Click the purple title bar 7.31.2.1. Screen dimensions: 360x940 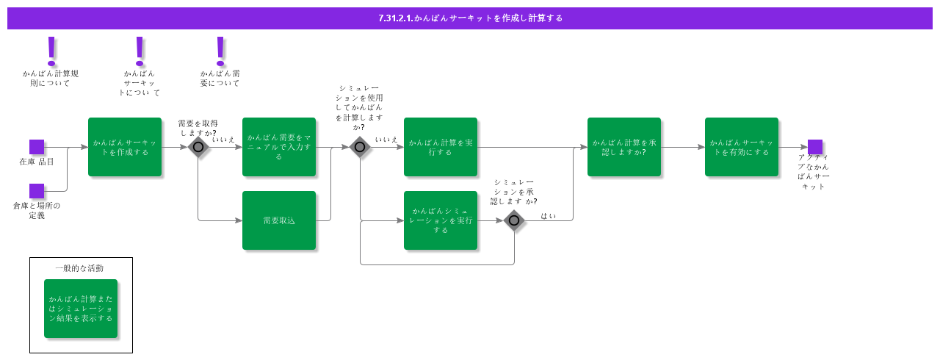(x=470, y=18)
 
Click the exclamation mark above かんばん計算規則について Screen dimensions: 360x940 (x=51, y=51)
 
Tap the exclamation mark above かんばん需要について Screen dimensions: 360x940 (x=220, y=51)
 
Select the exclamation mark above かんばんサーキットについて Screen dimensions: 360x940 (x=140, y=51)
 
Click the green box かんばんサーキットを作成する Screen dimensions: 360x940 (x=125, y=147)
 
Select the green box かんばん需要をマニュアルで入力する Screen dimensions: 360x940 (x=279, y=147)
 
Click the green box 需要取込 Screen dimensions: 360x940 (x=279, y=220)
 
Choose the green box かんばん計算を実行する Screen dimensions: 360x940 (x=441, y=147)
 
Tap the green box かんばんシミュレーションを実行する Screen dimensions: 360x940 (x=441, y=220)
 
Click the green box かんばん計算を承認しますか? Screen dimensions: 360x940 (x=624, y=147)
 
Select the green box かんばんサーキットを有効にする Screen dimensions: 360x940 (x=742, y=147)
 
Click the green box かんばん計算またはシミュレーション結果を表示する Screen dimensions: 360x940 (x=81, y=309)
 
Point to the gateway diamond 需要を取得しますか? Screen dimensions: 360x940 (x=198, y=147)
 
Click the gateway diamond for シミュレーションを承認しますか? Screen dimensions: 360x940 (x=514, y=220)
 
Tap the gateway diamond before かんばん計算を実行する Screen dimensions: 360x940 (x=359, y=147)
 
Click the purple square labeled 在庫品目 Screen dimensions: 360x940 (x=37, y=147)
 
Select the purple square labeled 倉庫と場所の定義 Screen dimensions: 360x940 (x=37, y=191)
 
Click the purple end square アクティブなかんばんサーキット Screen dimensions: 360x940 (x=815, y=147)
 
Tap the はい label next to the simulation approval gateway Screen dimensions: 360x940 (x=548, y=216)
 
